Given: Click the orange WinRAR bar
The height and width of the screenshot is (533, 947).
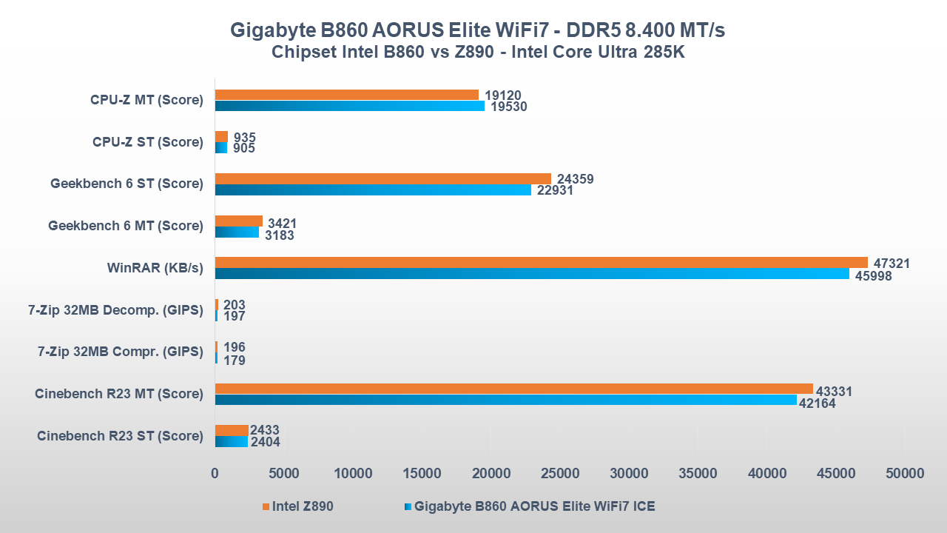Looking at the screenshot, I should click(541, 262).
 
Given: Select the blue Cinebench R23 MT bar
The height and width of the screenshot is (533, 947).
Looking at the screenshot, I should click(505, 400).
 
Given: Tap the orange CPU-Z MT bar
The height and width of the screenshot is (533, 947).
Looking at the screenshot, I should click(346, 95).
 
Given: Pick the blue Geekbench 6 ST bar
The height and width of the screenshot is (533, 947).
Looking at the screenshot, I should click(373, 190).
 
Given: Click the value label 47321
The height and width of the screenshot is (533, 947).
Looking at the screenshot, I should click(892, 264).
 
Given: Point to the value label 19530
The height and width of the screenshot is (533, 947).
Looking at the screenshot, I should click(508, 107).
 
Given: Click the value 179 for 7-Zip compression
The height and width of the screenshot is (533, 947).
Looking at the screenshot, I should click(234, 361).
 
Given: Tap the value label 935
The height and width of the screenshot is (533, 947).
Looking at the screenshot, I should click(244, 138).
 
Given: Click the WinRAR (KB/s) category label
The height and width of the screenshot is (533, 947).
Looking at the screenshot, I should click(155, 268).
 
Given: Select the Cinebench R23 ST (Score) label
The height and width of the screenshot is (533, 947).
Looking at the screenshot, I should click(120, 436).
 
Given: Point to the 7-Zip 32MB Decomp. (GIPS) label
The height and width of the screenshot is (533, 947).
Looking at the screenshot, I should click(115, 310).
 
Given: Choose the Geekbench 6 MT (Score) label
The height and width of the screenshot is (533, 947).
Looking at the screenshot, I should click(125, 226).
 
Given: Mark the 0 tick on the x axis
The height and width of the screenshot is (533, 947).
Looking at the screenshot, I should click(215, 473).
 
